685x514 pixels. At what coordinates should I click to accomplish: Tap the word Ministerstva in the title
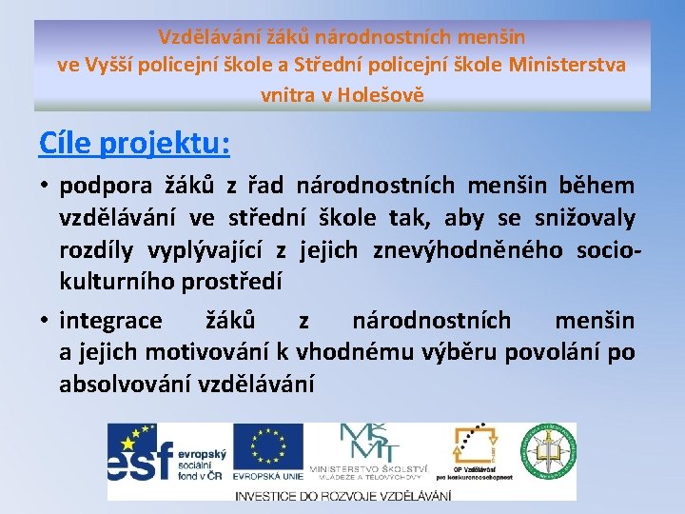568,66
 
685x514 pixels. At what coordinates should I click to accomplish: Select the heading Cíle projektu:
134,143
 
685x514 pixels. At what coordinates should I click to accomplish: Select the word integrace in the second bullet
110,320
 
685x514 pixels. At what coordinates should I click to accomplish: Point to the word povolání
556,352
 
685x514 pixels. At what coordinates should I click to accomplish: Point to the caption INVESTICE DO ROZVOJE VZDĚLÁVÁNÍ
342,495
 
